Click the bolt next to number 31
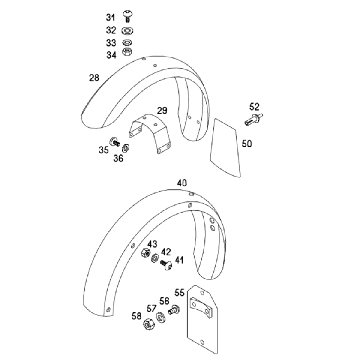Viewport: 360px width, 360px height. coord(127,16)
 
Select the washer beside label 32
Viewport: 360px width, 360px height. coord(127,31)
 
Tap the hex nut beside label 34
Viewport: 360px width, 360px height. coord(127,52)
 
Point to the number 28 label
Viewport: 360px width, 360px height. coord(94,78)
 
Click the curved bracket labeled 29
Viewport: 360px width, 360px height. coord(150,133)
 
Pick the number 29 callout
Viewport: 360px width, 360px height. coord(162,110)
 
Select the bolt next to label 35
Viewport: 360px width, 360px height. coord(115,142)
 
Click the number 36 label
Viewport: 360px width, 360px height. coord(118,158)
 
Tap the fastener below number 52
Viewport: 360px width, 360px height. coord(253,119)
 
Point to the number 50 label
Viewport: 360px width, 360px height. coord(247,144)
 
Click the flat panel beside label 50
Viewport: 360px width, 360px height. coord(225,148)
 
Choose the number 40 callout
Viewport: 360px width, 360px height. coord(182,183)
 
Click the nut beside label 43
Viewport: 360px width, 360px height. coord(145,253)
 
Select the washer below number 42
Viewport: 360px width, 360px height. coord(155,258)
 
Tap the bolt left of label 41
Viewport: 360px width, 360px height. coord(167,264)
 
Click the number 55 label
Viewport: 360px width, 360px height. coord(179,293)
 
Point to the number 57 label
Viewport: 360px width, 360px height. coord(151,309)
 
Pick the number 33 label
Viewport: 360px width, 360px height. coord(111,43)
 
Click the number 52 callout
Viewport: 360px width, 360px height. coord(254,107)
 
